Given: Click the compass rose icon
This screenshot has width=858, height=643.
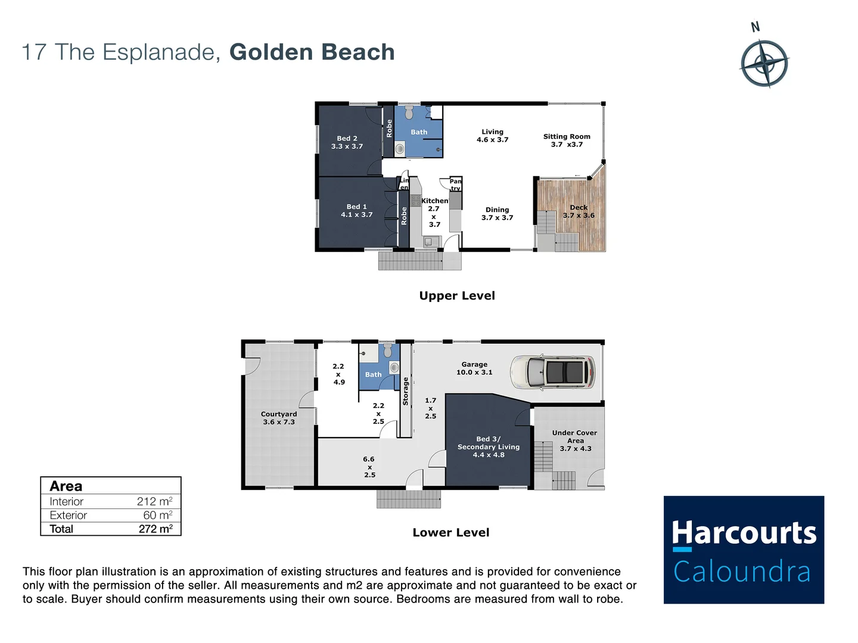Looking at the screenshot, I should [x=764, y=63].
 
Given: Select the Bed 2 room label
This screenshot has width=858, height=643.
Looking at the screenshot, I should [x=347, y=142].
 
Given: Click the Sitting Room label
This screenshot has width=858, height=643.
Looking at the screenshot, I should [x=567, y=141].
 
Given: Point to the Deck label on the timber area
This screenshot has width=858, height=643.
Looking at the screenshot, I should [x=579, y=211].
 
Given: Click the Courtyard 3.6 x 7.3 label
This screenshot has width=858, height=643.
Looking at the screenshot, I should [x=279, y=418].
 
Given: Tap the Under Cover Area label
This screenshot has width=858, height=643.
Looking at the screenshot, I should [x=574, y=441].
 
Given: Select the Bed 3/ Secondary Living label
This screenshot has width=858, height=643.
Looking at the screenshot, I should [x=489, y=447].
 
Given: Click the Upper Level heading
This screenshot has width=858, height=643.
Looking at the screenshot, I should [x=457, y=296].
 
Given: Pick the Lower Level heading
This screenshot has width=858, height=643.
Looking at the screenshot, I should [x=451, y=533].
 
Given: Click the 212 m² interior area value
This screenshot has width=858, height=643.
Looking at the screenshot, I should [x=154, y=501].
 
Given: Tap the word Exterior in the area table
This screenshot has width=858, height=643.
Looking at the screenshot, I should [x=68, y=515].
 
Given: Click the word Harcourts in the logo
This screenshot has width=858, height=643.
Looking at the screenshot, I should [x=744, y=533].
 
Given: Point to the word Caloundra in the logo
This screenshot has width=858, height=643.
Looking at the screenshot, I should [x=742, y=572].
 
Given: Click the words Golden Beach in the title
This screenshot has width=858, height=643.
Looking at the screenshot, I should [x=312, y=52].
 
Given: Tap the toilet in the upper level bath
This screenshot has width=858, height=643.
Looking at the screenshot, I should [x=409, y=113].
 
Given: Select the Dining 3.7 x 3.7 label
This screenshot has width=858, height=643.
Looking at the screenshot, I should [x=497, y=214].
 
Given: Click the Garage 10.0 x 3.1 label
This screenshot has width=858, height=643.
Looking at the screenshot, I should [x=474, y=369].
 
